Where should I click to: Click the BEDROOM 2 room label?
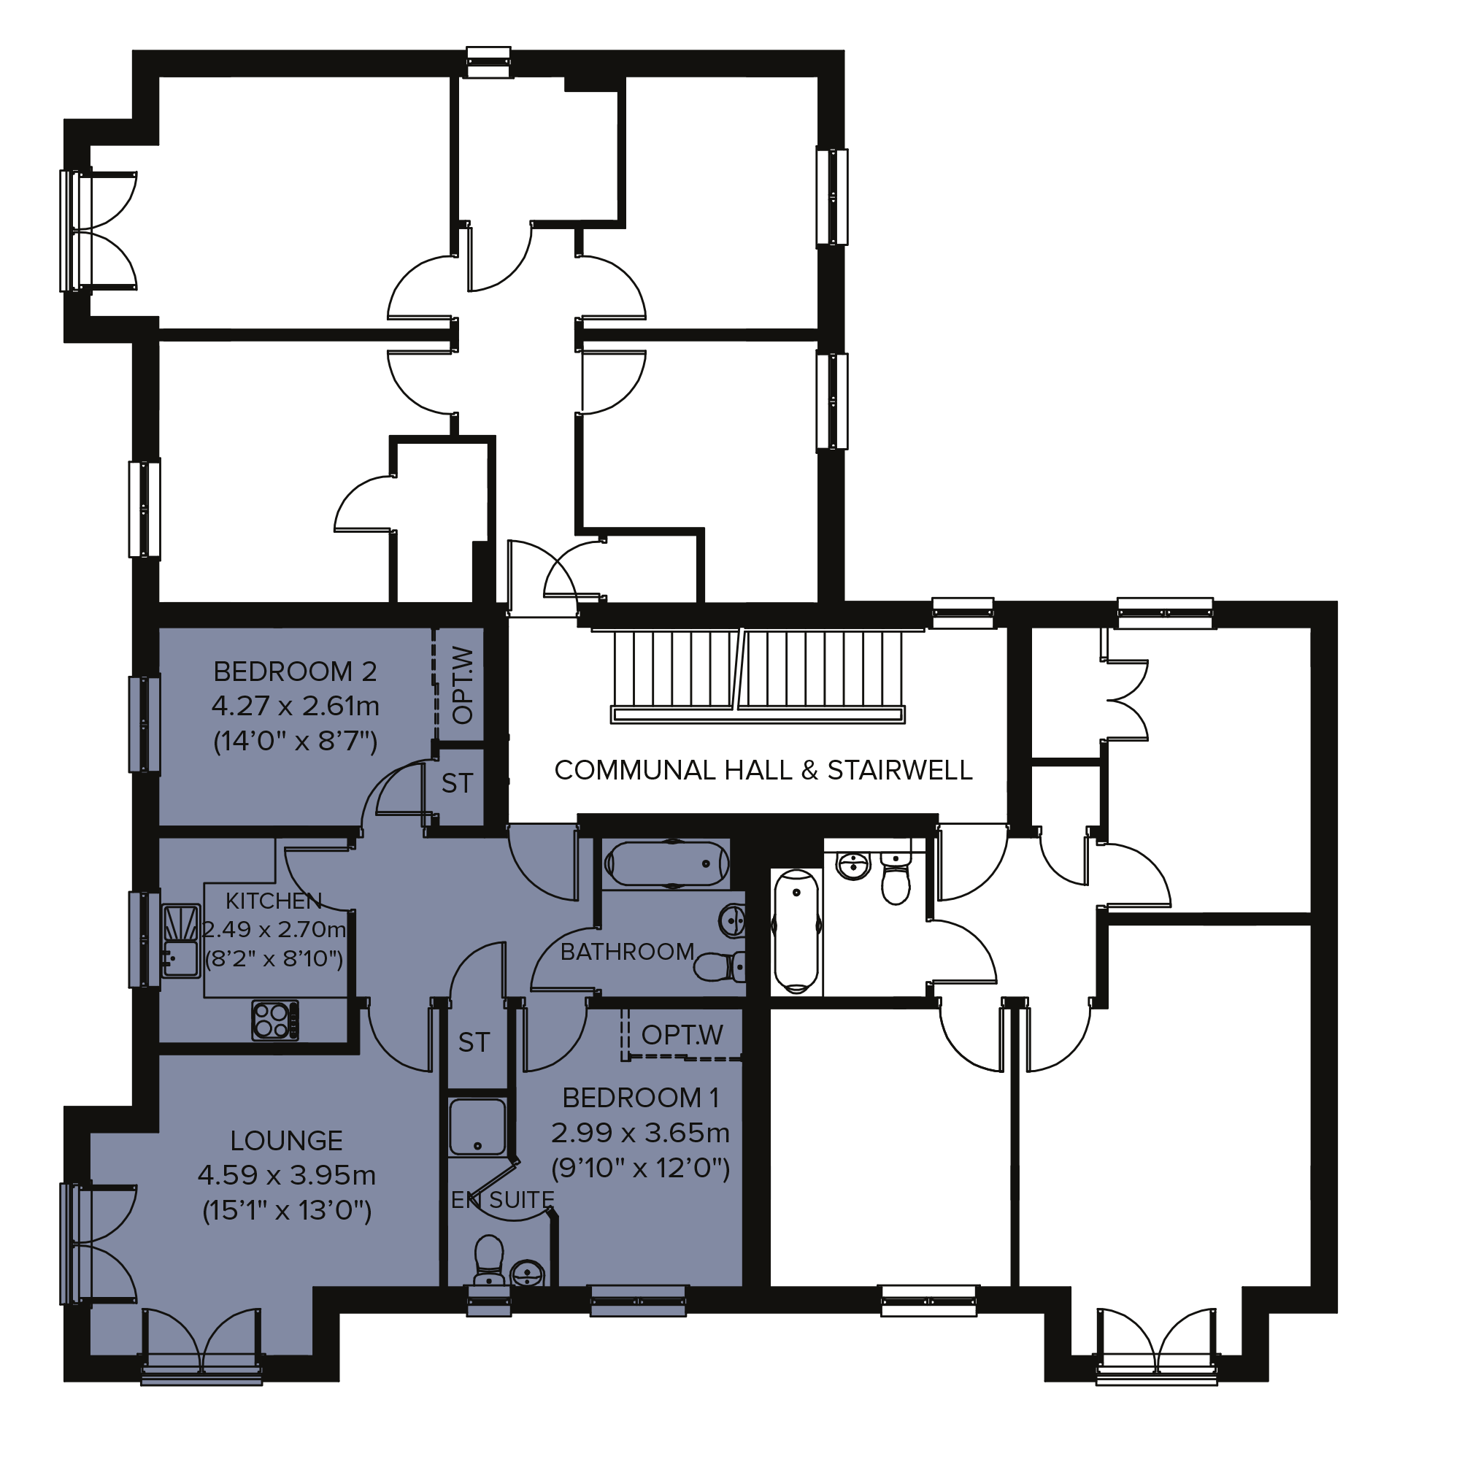(296, 671)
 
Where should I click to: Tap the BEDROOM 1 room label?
(641, 1098)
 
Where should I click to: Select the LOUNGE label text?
(286, 1141)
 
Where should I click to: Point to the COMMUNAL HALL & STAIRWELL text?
(763, 769)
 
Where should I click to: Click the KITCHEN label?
(273, 901)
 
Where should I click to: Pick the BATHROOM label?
(627, 952)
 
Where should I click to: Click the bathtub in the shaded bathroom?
(666, 863)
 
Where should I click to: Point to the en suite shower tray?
(477, 1127)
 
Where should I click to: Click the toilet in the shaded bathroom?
(719, 966)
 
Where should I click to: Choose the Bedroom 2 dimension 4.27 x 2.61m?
(296, 705)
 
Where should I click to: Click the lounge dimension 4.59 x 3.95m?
(286, 1174)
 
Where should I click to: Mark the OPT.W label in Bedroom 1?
(682, 1035)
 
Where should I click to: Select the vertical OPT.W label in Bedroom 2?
(463, 685)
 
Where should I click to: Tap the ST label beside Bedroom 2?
(457, 783)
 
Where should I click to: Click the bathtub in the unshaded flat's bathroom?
(796, 931)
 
